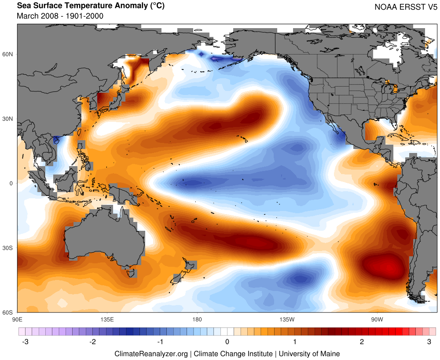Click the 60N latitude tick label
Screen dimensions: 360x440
pos(8,54)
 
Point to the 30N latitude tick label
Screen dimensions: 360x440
pos(8,119)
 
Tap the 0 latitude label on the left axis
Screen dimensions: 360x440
pos(11,183)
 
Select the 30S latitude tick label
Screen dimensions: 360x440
pos(8,248)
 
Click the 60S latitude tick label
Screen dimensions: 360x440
pos(8,313)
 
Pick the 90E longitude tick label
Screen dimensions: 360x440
pos(18,319)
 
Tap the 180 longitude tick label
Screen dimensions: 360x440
pos(197,319)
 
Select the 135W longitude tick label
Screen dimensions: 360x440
pos(286,319)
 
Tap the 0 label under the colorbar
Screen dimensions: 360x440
pos(227,342)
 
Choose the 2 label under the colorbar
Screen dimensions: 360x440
pos(362,342)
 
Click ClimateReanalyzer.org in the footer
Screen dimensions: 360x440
pos(151,353)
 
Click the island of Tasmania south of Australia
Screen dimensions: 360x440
pos(131,273)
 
